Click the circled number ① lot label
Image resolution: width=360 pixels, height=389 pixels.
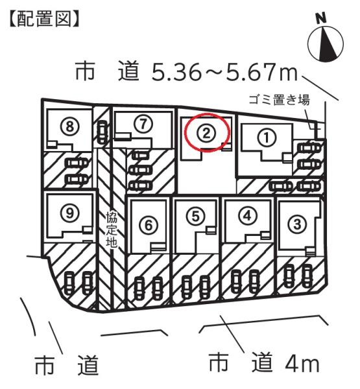[266, 137]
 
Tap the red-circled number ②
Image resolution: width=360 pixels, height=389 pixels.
[206, 134]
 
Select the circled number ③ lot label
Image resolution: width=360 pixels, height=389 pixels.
[297, 224]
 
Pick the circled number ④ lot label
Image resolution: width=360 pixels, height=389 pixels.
[248, 216]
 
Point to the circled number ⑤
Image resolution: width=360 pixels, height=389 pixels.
[196, 216]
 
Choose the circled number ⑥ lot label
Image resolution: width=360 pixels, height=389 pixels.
[149, 226]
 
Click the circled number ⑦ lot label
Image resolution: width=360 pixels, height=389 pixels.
[143, 124]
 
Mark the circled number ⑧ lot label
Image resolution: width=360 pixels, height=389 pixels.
[70, 126]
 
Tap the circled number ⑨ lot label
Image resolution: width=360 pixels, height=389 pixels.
[70, 213]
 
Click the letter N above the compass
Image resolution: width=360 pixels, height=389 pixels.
[321, 18]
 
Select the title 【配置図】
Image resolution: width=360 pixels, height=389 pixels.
[45, 19]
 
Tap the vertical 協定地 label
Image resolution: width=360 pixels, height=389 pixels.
[112, 230]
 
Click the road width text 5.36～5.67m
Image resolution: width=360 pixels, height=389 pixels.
[224, 72]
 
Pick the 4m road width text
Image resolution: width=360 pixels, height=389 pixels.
[302, 364]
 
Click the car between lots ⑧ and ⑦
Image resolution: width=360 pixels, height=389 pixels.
[102, 132]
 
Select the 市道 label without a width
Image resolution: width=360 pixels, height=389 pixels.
[66, 365]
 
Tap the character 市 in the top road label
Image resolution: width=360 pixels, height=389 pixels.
[85, 71]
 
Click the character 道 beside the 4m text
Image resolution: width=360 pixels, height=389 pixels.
[262, 363]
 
